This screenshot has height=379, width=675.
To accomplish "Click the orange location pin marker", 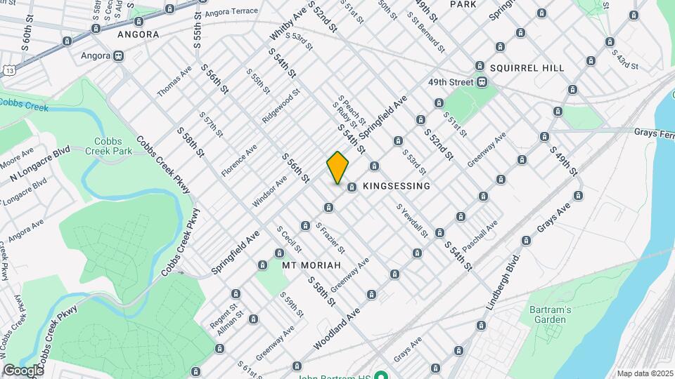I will [337, 167].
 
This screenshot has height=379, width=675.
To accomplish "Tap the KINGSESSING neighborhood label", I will [396, 186].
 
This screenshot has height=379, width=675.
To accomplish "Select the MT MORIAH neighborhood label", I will [311, 265].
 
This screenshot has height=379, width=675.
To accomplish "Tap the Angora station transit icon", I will [119, 55].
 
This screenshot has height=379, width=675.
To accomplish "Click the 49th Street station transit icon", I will [482, 82].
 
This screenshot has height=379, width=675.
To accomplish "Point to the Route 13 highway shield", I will [8, 70].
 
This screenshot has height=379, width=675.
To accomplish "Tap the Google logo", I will [22, 371].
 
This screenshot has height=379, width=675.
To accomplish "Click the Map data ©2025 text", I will [645, 373].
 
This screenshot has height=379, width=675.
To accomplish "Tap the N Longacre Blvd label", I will [40, 164].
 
